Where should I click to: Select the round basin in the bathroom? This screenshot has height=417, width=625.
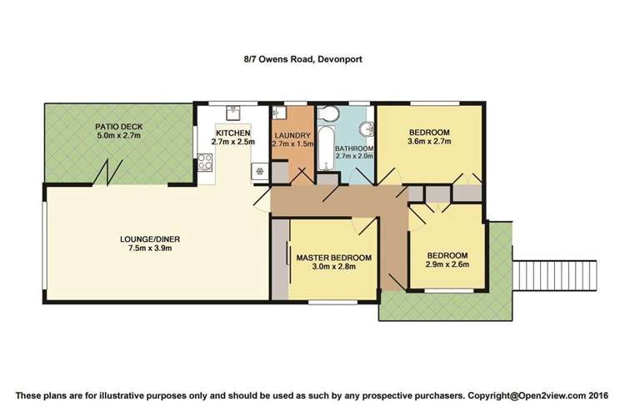coord(364,128)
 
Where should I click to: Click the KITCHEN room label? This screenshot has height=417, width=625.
coord(232,133)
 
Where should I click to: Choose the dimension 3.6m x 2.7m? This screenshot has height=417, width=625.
coord(430,143)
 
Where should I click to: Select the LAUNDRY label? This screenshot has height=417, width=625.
coord(292,135)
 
